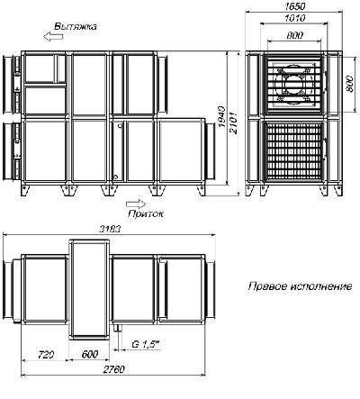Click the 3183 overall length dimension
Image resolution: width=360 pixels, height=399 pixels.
(110, 229)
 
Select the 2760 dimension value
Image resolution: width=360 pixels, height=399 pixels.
(113, 369)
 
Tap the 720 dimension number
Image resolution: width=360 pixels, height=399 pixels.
(46, 354)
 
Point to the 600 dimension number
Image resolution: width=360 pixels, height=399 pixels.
(90, 354)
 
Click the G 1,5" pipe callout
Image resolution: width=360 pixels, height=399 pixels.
(146, 344)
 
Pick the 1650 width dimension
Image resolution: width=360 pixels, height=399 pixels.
(294, 6)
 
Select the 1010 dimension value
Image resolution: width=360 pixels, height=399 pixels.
(294, 18)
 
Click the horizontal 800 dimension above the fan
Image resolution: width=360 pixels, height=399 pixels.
(294, 35)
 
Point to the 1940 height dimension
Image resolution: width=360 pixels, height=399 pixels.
(221, 116)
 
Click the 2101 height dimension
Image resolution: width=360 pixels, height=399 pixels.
(233, 123)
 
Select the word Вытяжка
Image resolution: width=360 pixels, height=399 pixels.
(76, 26)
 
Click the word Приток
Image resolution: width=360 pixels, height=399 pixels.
(146, 213)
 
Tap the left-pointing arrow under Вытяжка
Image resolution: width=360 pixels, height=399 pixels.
(53, 37)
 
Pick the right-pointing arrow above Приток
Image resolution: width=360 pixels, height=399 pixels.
(136, 204)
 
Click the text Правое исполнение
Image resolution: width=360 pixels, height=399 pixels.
(300, 286)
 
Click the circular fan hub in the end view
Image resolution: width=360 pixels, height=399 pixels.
(294, 85)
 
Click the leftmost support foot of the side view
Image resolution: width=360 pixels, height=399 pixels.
(24, 190)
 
